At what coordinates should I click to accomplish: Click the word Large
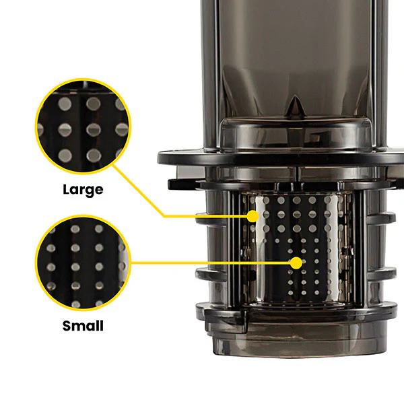[83, 190]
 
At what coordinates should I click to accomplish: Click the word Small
[83, 326]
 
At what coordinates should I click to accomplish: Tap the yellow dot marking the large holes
[252, 216]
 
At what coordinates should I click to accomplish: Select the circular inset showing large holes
[83, 127]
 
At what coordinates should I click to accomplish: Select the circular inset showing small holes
[83, 263]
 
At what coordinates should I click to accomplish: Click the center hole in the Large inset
[93, 129]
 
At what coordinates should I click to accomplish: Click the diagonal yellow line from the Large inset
[138, 191]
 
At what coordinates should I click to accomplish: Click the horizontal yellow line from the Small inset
[211, 263]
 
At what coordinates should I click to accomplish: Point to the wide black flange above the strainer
[281, 157]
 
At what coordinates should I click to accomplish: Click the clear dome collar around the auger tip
[296, 133]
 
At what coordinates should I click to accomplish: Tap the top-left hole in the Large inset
[65, 104]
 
